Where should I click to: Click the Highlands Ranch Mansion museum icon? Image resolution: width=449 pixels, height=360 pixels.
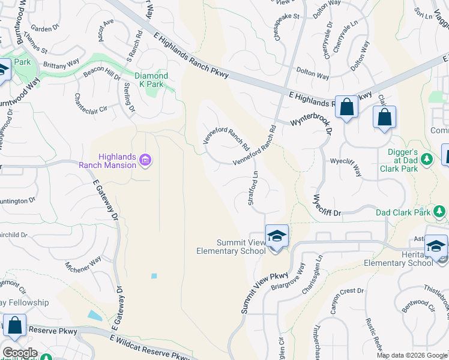[145, 160]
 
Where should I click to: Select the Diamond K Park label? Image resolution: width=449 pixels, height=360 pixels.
[151, 80]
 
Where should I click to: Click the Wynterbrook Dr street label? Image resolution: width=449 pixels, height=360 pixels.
[312, 120]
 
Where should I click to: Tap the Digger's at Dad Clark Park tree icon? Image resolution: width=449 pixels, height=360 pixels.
[427, 159]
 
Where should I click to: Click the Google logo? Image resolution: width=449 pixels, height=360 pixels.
[20, 353]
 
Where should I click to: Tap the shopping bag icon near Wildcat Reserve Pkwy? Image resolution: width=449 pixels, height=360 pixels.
[14, 326]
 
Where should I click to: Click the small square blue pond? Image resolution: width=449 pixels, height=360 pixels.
[154, 276]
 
